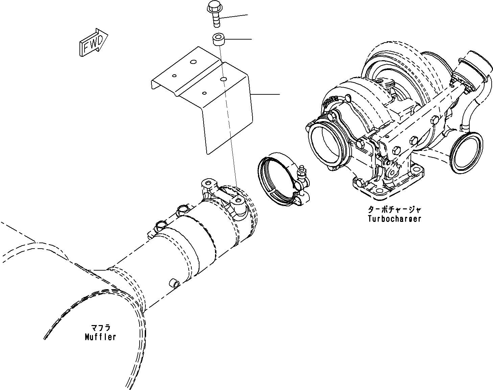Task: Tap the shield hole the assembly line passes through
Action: coord(223,79)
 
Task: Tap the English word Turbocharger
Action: coord(394,219)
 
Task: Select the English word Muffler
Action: coord(100,337)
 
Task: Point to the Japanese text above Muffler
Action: coord(100,328)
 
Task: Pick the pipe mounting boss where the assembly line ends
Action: coord(239,201)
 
